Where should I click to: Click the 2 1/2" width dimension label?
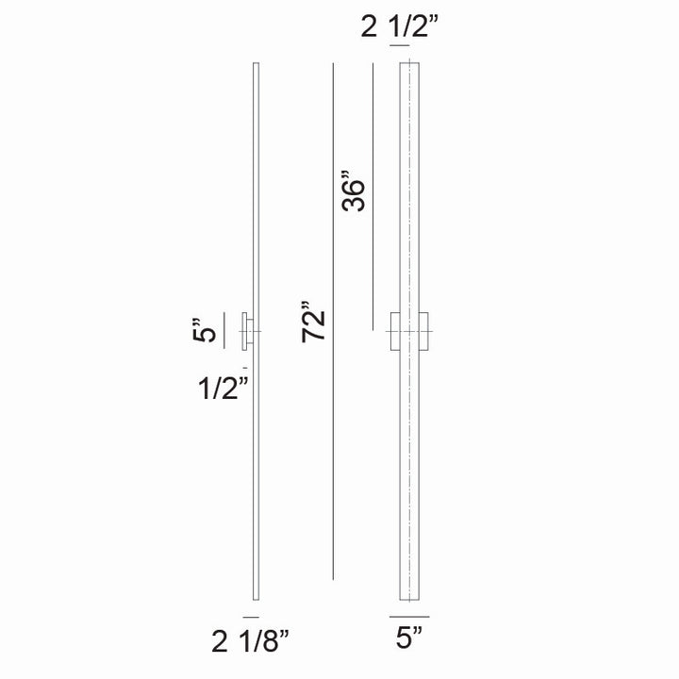pyautogui.click(x=401, y=27)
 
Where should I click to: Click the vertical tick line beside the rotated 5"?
pyautogui.click(x=224, y=331)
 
